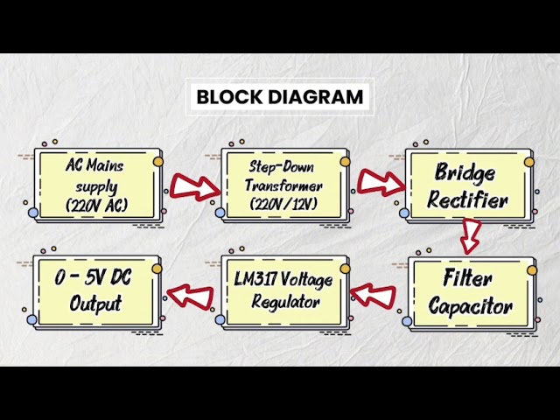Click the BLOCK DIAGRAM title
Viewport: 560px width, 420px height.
click(x=280, y=97)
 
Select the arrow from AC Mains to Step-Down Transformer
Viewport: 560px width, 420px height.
click(x=195, y=186)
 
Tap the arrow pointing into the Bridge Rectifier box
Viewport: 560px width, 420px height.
click(x=381, y=182)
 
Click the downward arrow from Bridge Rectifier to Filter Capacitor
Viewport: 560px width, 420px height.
click(x=471, y=236)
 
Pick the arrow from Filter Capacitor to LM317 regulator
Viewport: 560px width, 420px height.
click(x=374, y=294)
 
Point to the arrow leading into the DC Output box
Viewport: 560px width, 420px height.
click(x=191, y=296)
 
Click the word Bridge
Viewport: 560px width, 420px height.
click(x=465, y=173)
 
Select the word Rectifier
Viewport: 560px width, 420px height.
click(x=467, y=199)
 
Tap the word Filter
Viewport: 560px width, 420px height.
click(x=467, y=277)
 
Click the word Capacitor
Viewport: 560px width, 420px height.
click(x=471, y=306)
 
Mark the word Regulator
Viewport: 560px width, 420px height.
click(x=285, y=302)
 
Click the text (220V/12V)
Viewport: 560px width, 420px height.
click(x=283, y=204)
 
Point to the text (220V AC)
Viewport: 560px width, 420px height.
click(x=96, y=206)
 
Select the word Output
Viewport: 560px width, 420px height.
click(x=95, y=304)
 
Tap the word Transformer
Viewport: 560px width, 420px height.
click(x=283, y=185)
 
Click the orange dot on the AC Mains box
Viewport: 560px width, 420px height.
click(x=158, y=162)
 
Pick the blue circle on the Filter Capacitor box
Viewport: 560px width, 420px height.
click(x=407, y=321)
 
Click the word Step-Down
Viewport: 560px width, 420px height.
click(x=282, y=167)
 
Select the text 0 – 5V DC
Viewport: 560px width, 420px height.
click(x=93, y=277)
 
